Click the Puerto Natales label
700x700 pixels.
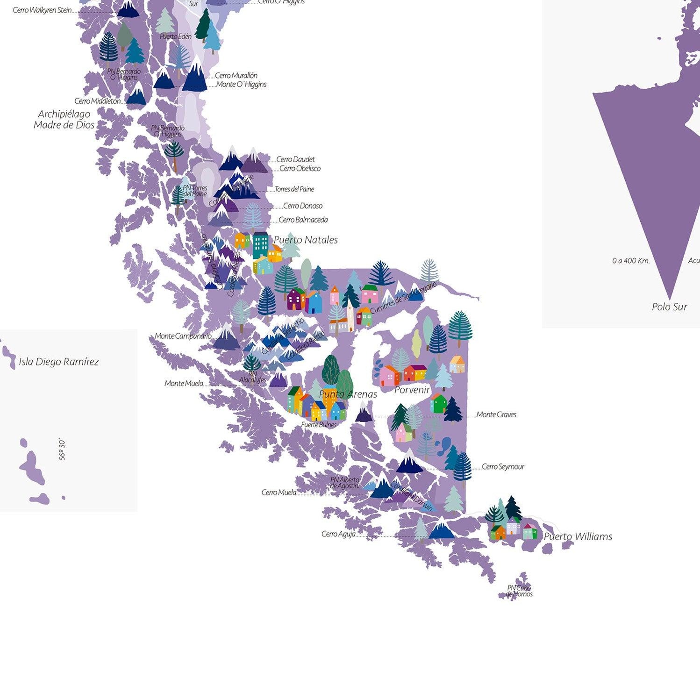coord(306,240)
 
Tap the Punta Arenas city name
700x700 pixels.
coord(348,394)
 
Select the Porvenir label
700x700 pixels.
coord(412,390)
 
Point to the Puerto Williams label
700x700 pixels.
coord(578,536)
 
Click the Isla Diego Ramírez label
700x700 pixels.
coord(59,362)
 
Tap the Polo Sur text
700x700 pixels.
coord(669,307)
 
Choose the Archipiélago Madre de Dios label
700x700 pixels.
coord(64,120)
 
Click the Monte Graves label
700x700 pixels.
coord(496,414)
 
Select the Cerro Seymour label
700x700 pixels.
coord(503,467)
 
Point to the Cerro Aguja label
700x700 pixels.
coord(338,534)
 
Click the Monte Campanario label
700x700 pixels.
coord(183,336)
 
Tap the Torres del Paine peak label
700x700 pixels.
coord(294,189)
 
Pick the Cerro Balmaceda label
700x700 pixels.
coord(303,220)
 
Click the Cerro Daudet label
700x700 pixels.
coord(295,159)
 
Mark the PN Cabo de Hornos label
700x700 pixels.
coord(519,591)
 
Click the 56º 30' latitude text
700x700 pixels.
coord(62,449)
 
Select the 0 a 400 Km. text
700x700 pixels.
coord(631,261)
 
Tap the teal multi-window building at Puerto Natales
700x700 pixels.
coord(260,245)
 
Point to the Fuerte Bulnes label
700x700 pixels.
coord(319,425)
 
